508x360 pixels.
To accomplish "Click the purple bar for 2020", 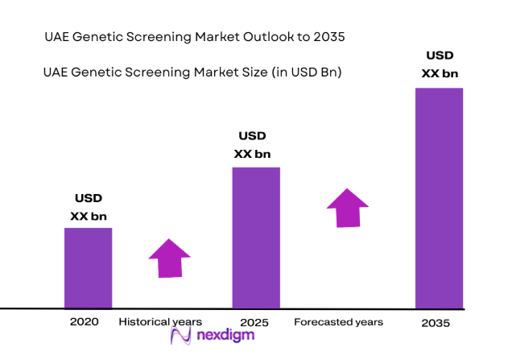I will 88,267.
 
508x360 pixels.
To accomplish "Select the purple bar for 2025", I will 256,238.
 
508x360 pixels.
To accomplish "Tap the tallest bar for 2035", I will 439,197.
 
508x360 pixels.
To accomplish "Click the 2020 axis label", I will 84,321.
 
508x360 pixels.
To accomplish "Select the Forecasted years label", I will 338,321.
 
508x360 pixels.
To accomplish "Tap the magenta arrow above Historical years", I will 169,259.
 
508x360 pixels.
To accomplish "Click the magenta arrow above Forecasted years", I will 348,209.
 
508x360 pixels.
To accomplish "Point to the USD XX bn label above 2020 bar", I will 88,207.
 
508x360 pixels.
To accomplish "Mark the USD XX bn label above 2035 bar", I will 440,65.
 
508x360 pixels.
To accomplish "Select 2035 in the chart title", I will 332,37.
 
